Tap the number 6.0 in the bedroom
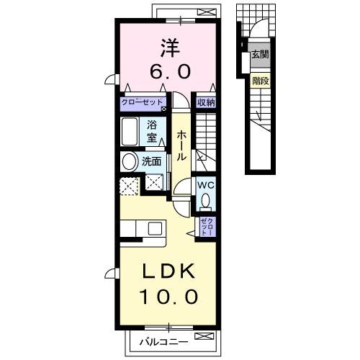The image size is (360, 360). pos(170,72)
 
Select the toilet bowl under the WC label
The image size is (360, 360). pos(206,201)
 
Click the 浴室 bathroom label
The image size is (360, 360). pos(153,130)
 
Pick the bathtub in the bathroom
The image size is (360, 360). pos(131,132)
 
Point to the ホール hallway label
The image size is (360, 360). pos(182,144)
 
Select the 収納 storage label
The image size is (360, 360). pos(206,102)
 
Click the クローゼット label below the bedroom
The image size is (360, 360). pos(143,102)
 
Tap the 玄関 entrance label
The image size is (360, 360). pos(259,55)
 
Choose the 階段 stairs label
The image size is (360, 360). pos(260,81)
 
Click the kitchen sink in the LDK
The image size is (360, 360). pos(155,228)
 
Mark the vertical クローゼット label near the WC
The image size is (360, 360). pos(206,228)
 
